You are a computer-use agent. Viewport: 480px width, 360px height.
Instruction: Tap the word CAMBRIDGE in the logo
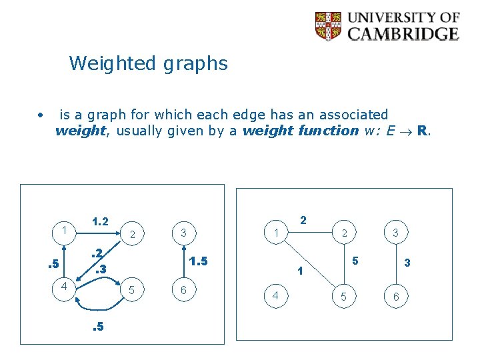403,34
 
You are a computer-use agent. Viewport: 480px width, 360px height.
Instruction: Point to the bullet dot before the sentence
41,115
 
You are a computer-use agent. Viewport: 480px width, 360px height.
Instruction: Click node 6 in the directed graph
183,290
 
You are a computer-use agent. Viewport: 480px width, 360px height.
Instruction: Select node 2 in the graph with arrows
133,234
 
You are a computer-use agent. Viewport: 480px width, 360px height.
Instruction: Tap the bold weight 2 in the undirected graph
303,220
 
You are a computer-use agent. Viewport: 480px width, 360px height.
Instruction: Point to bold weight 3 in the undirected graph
407,264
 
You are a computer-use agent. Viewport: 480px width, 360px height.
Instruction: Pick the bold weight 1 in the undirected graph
301,271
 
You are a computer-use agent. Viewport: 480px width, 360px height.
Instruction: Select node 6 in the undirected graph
396,296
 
